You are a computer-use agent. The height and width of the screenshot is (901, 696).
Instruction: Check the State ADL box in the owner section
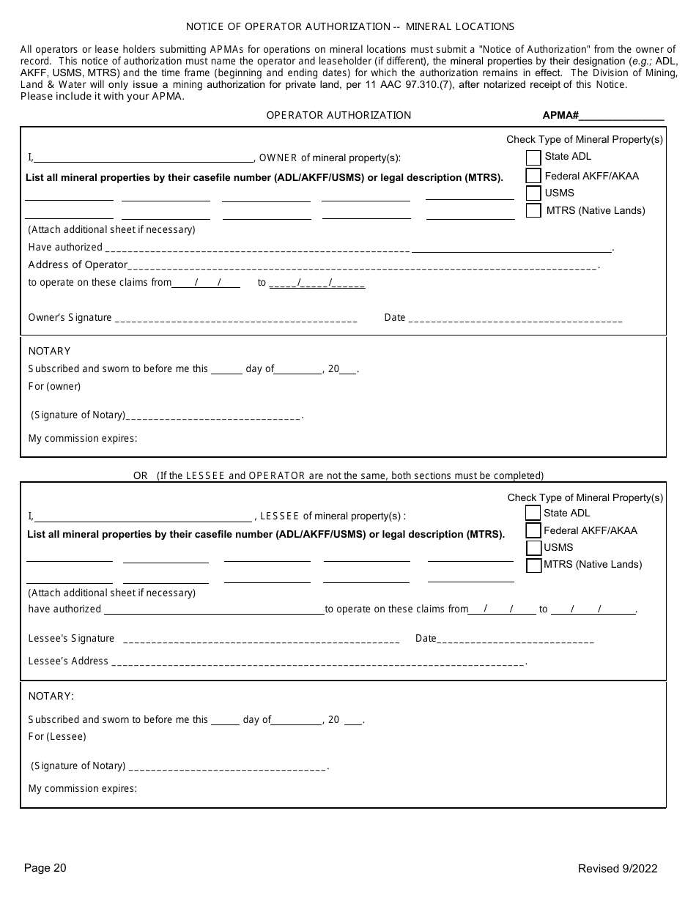click(533, 157)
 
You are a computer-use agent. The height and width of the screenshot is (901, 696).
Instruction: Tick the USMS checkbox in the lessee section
click(533, 548)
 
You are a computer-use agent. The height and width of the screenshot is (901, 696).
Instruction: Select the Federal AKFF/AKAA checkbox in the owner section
click(533, 176)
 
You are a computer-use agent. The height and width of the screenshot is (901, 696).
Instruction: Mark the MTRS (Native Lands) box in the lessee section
click(533, 566)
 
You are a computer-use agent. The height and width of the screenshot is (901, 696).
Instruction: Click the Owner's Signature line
click(236, 319)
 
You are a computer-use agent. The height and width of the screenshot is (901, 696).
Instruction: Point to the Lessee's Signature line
click(262, 640)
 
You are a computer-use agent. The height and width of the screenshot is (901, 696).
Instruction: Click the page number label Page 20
click(45, 868)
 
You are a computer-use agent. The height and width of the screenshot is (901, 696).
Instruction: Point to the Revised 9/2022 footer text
click(618, 869)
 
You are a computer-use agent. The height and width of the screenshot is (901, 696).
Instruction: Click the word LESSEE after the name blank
click(280, 516)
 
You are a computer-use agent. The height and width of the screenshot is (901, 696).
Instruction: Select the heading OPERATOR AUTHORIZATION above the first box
click(338, 115)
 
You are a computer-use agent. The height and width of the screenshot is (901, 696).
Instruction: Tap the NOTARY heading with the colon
click(51, 696)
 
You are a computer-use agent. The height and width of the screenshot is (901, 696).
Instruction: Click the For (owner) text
click(54, 386)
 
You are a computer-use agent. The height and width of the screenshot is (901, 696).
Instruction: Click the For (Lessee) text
click(57, 736)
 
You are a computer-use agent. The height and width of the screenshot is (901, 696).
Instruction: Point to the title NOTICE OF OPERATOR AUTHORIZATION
click(350, 26)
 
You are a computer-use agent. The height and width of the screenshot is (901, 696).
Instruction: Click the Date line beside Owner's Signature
click(514, 319)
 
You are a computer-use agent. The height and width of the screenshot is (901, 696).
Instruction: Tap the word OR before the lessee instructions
click(140, 475)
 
